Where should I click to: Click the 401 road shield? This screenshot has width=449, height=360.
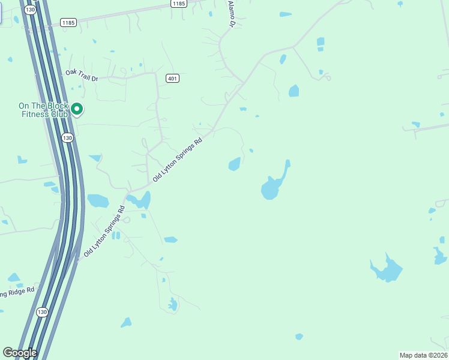coord(172,79)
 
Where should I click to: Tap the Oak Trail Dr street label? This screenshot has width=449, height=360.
coord(82,75)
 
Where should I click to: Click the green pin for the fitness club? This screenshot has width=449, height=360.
coord(77,109)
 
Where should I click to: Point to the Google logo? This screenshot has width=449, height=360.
coord(20,353)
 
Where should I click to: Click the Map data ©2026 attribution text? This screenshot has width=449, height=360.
coord(423,355)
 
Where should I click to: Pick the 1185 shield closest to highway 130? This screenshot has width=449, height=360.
coord(69,23)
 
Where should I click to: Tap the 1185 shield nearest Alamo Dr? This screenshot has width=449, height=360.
coord(178,4)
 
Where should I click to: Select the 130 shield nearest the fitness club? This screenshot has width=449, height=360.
coord(67,137)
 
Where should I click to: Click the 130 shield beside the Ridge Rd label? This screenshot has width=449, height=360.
coord(41,312)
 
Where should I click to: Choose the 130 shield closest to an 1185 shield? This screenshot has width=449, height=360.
coord(31,10)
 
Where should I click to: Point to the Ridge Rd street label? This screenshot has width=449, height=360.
coord(18,293)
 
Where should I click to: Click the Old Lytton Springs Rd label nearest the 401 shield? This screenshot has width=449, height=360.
coord(178,160)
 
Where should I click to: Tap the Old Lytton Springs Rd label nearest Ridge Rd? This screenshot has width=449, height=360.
coord(104,232)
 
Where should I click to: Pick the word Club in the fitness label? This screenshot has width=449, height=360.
coord(59,114)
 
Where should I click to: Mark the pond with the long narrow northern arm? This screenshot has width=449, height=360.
coord(274,186)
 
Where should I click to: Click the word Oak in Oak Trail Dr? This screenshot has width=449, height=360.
coord(71,73)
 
